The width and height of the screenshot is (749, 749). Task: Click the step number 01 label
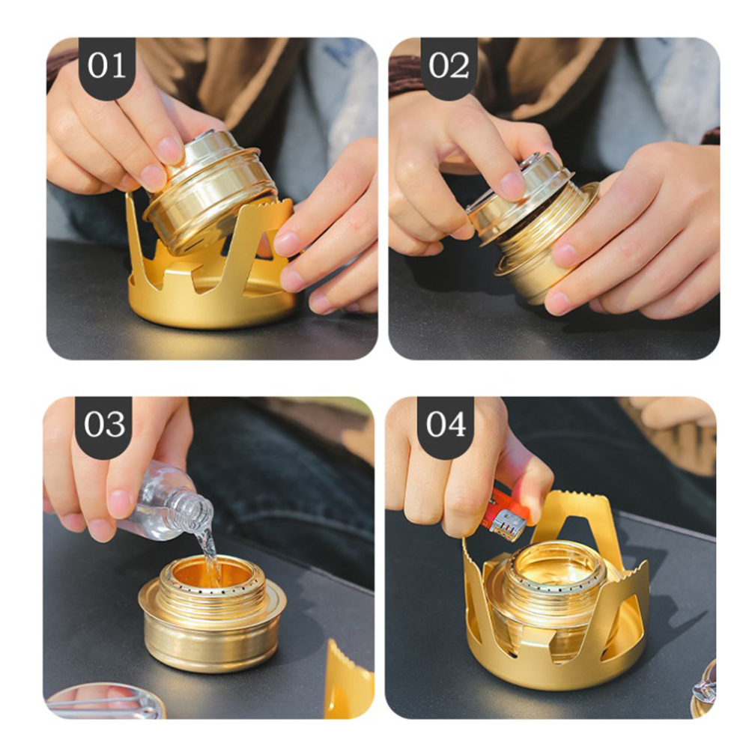[106, 65]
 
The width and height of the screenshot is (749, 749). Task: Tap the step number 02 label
[449, 65]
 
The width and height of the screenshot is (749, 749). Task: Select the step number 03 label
[104, 424]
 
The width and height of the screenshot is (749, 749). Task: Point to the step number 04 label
[446, 424]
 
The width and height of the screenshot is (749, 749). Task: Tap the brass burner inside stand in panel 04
[554, 602]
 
